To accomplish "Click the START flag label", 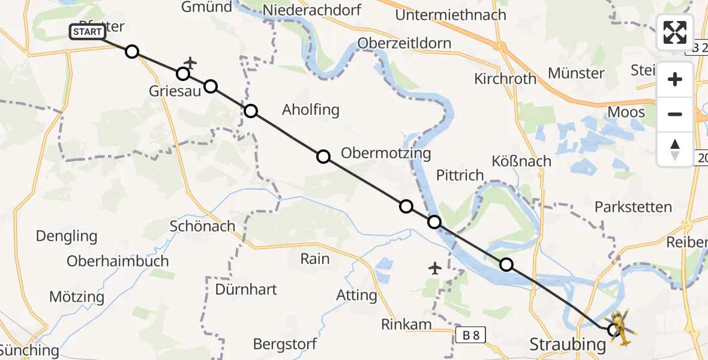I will click(88, 32).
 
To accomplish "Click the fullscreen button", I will click(675, 32).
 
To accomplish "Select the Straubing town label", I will click(567, 344).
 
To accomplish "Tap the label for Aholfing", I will click(311, 110).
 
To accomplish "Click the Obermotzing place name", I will click(386, 154).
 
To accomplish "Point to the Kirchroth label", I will click(505, 79).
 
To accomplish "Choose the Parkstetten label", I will click(633, 208).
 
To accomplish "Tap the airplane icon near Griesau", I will click(190, 62).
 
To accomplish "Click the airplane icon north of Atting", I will click(435, 268).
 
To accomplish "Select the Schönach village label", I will click(202, 226).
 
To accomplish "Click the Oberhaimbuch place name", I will click(118, 262).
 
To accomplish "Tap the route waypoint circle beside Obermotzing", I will click(323, 157).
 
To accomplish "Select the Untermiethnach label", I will click(451, 15).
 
